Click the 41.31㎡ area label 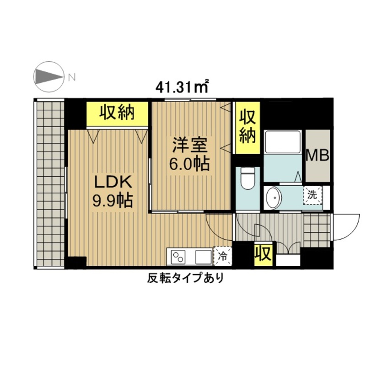[182, 87]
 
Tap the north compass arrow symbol [48, 77]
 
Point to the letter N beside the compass [72, 77]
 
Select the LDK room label [113, 182]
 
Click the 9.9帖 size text [113, 201]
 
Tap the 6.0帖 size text [189, 164]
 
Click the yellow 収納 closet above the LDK [117, 114]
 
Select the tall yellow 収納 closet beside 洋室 [248, 128]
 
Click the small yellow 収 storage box [264, 255]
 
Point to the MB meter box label [318, 156]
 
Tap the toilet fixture [248, 178]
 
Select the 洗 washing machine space [312, 196]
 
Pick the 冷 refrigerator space [222, 256]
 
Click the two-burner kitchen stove [178, 257]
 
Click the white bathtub [283, 142]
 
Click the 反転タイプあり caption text [186, 278]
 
